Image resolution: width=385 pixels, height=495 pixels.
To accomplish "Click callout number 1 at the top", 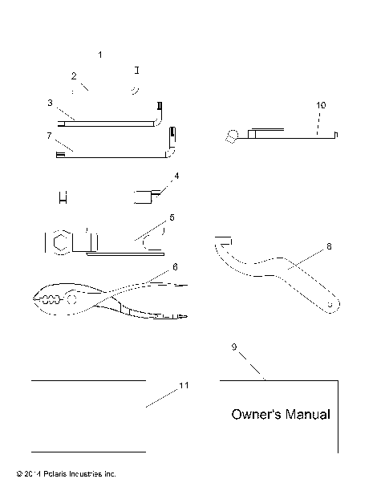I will [100, 55].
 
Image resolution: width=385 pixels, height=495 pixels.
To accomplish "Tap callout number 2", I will [74, 76].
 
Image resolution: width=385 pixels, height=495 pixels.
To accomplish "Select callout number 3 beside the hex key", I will [50, 103].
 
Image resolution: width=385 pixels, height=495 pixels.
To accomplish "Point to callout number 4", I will [176, 175].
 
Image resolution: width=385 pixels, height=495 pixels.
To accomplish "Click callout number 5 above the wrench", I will [171, 217].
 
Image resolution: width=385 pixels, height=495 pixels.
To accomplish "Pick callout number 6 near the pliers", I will [175, 266].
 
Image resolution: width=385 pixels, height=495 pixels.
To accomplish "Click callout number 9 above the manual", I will [233, 347].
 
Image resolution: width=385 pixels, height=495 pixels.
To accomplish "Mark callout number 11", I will [184, 386].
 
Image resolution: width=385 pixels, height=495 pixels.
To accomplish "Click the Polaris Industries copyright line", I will [61, 474].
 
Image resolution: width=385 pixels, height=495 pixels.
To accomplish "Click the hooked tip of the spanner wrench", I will [223, 239].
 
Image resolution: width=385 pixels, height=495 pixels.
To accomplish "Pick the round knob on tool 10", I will [233, 136].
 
